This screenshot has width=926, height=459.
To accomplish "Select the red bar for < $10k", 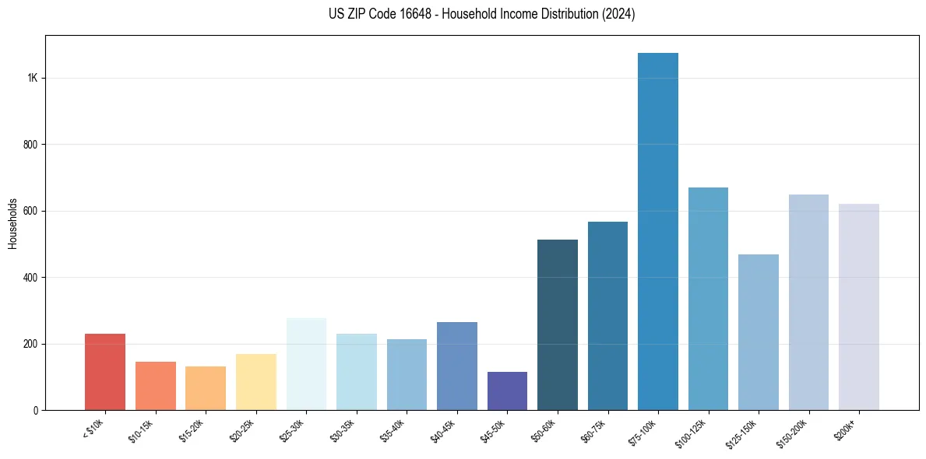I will (105, 372).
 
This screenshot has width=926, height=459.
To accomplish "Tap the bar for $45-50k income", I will (507, 391).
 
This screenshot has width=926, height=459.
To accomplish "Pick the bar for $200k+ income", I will (859, 307).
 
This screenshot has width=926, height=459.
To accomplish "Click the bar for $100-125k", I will (708, 299).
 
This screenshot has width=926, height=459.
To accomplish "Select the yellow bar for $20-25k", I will (256, 382).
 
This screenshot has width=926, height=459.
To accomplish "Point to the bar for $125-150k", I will (759, 332).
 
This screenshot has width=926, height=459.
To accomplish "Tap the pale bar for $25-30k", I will (306, 364).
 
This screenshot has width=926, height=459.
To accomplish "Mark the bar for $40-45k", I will (457, 366).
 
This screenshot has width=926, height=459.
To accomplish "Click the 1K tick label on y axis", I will (32, 79).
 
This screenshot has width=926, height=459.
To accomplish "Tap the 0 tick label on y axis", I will (35, 410).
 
